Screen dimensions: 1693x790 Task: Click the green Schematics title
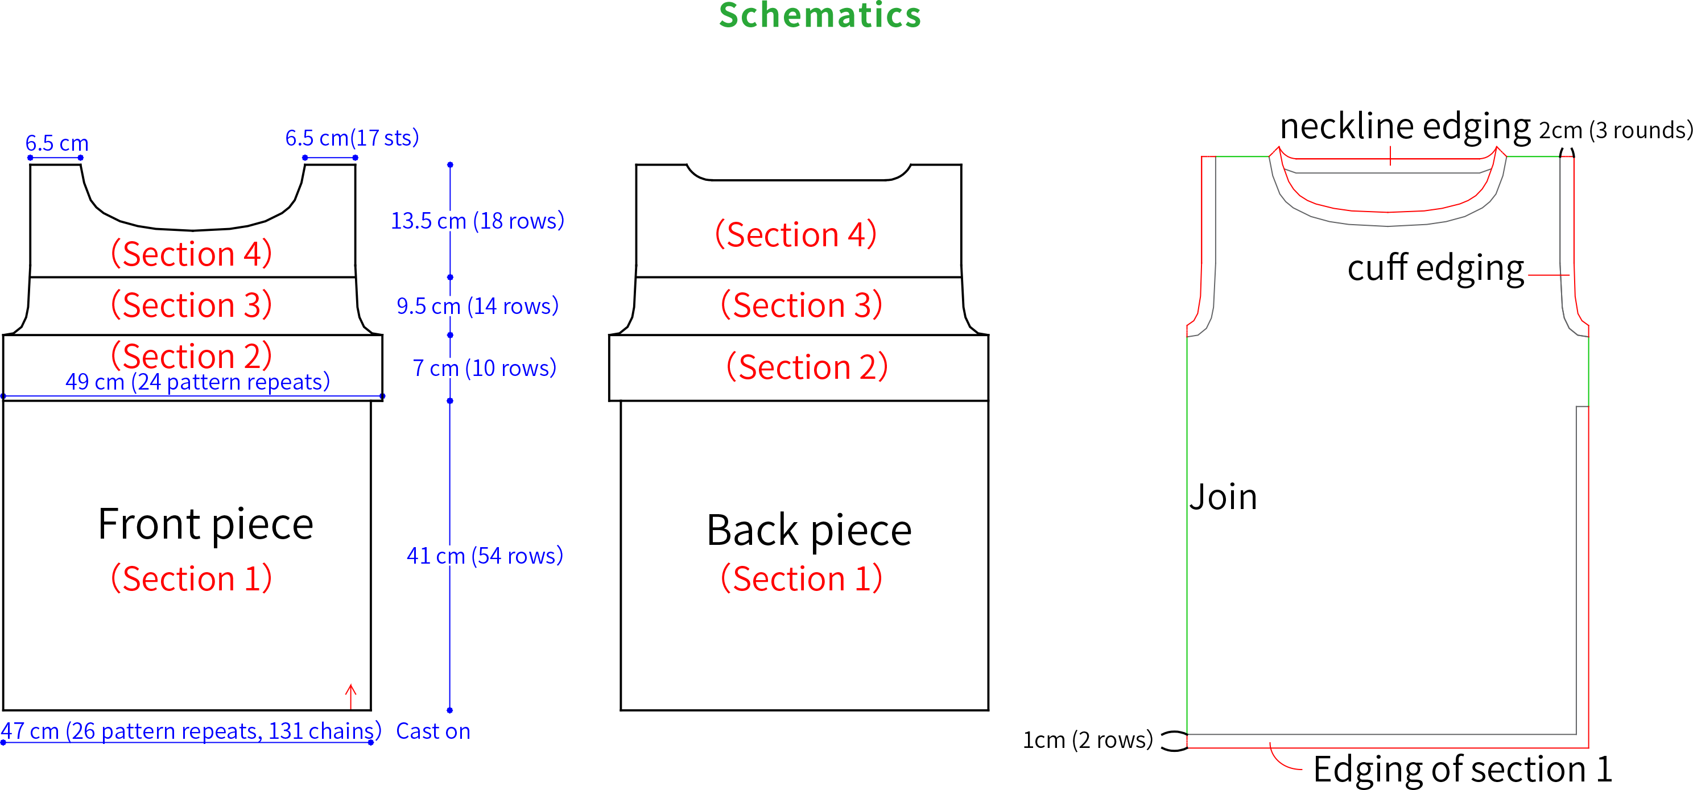(820, 14)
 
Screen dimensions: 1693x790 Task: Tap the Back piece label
(809, 531)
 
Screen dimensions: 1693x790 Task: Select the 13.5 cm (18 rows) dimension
(478, 221)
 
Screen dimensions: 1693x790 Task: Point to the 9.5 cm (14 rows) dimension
(478, 305)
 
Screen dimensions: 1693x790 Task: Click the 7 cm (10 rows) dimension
(484, 368)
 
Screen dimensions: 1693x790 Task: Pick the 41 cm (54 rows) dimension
(485, 556)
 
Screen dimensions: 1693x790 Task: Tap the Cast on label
(433, 731)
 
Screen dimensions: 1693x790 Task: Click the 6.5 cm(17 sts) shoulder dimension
(352, 138)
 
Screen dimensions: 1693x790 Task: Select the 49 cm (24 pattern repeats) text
(198, 382)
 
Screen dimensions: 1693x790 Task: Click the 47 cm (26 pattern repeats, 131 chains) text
(191, 731)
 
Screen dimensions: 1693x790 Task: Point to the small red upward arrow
(351, 697)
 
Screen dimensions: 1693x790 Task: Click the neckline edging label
(1405, 126)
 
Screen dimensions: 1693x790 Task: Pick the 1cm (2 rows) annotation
(1088, 740)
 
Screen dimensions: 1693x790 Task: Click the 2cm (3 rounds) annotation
(1616, 130)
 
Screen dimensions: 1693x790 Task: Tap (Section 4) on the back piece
(796, 235)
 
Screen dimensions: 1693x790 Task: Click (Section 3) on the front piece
(191, 305)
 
